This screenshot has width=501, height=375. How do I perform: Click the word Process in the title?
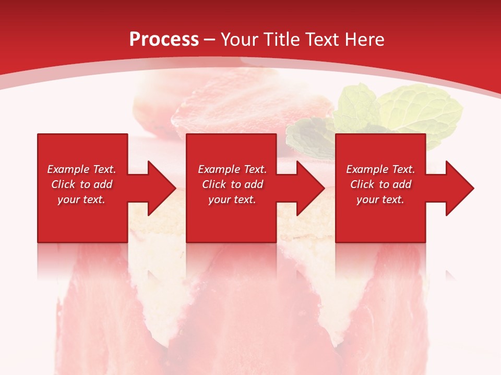click(164, 40)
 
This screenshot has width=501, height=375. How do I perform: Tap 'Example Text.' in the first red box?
click(81, 169)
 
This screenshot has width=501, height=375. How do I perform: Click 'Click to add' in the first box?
click(81, 184)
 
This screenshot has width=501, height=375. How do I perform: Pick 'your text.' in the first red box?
click(81, 199)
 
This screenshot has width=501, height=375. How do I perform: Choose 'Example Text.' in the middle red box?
click(232, 169)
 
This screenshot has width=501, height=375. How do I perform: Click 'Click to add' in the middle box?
click(232, 184)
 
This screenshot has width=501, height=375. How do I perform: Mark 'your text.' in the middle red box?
click(232, 199)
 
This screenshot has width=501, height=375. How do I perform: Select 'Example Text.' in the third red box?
click(380, 169)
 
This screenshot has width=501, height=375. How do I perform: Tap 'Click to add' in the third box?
click(380, 184)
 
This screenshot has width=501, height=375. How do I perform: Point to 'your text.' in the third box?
click(380, 199)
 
